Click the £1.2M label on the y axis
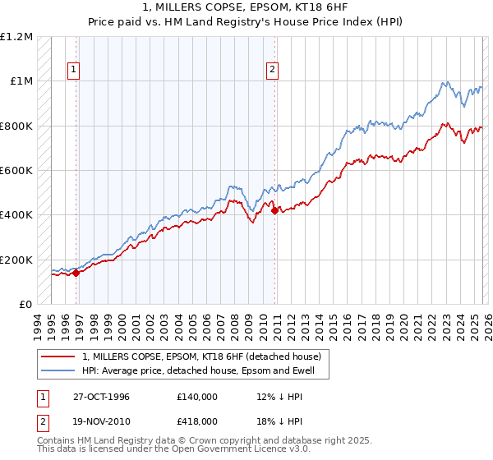point(16,37)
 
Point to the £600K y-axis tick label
point(16,171)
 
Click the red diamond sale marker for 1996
point(76,274)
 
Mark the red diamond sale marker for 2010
point(274,211)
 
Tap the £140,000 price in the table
point(197,397)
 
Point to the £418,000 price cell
point(197,421)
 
